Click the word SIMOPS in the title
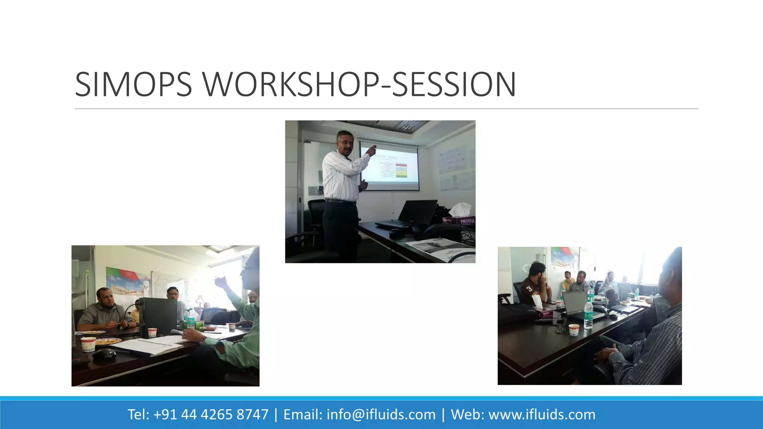pyautogui.click(x=133, y=85)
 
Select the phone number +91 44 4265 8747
pyautogui.click(x=210, y=414)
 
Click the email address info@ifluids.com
pyautogui.click(x=381, y=414)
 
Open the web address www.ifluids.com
pyautogui.click(x=542, y=414)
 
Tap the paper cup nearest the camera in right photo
pyautogui.click(x=574, y=330)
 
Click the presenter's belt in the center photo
pyautogui.click(x=339, y=201)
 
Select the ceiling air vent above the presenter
pyautogui.click(x=412, y=125)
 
